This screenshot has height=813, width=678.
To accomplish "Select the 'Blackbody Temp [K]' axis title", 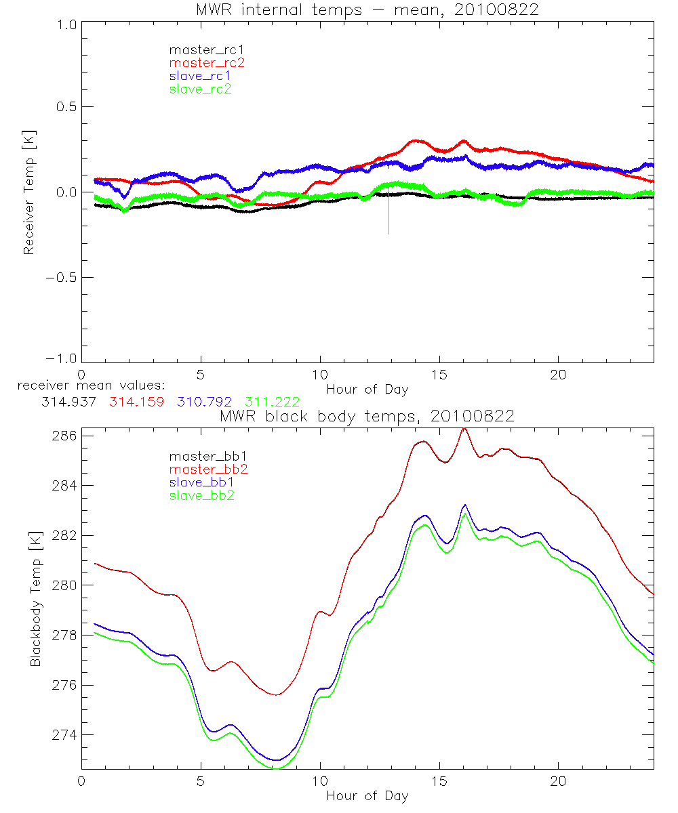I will tap(35, 600).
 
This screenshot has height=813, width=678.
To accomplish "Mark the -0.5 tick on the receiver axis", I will tap(60, 277).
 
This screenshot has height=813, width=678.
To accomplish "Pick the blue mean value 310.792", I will tap(205, 402).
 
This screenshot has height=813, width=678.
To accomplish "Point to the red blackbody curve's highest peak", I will tap(464, 428).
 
